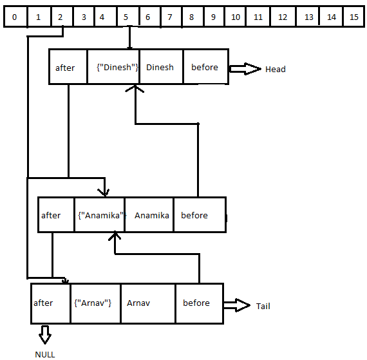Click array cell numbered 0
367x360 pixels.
pos(15,17)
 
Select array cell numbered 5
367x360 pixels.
pos(126,17)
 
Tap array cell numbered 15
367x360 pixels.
pos(353,17)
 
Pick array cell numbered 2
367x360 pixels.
pos(60,17)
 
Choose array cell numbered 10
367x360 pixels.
pos(236,17)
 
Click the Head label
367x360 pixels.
pos(275,69)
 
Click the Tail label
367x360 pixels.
pos(263,306)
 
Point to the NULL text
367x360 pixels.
pos(45,354)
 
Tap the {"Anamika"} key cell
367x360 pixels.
pos(100,215)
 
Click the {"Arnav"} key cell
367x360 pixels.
pos(94,303)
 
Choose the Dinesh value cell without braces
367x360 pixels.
pos(160,68)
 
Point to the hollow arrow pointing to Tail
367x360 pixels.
pos(236,305)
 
